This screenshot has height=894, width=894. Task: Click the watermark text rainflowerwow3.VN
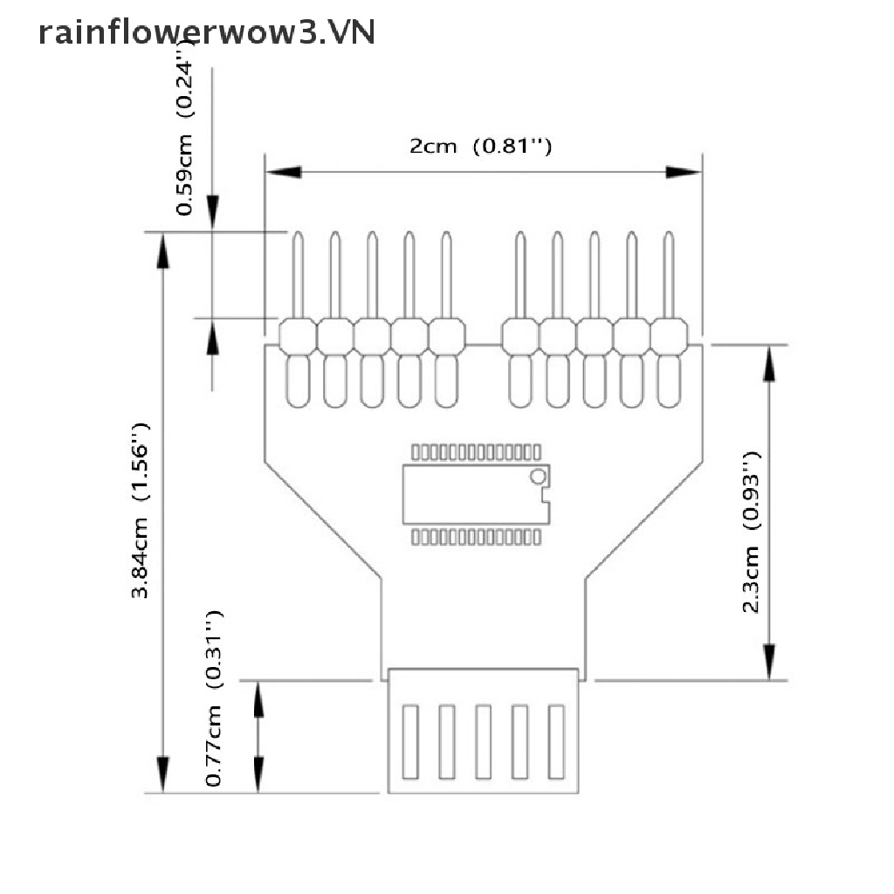207,32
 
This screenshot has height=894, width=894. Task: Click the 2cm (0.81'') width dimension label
480,147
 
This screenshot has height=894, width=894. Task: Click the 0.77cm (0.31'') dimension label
216,698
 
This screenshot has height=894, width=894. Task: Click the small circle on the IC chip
538,476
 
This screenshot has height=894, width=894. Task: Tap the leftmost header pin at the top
298,275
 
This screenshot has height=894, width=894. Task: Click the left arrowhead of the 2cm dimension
283,173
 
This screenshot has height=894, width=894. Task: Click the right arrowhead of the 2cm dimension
684,173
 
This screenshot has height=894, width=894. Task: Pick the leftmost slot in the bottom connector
409,741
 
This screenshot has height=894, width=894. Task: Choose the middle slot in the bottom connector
483,741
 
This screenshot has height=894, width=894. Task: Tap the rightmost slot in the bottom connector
556,741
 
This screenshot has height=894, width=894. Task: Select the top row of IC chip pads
476,452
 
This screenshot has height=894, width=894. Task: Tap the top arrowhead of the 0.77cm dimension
258,698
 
